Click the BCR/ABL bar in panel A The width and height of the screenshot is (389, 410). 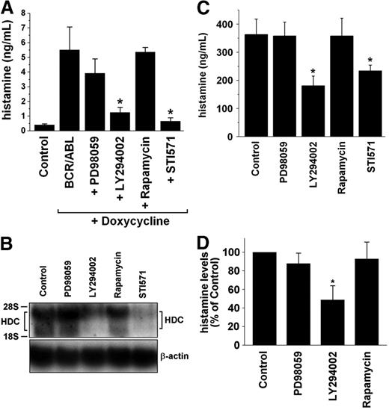tap(71, 90)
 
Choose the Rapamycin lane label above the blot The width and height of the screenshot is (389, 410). tap(117, 281)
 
